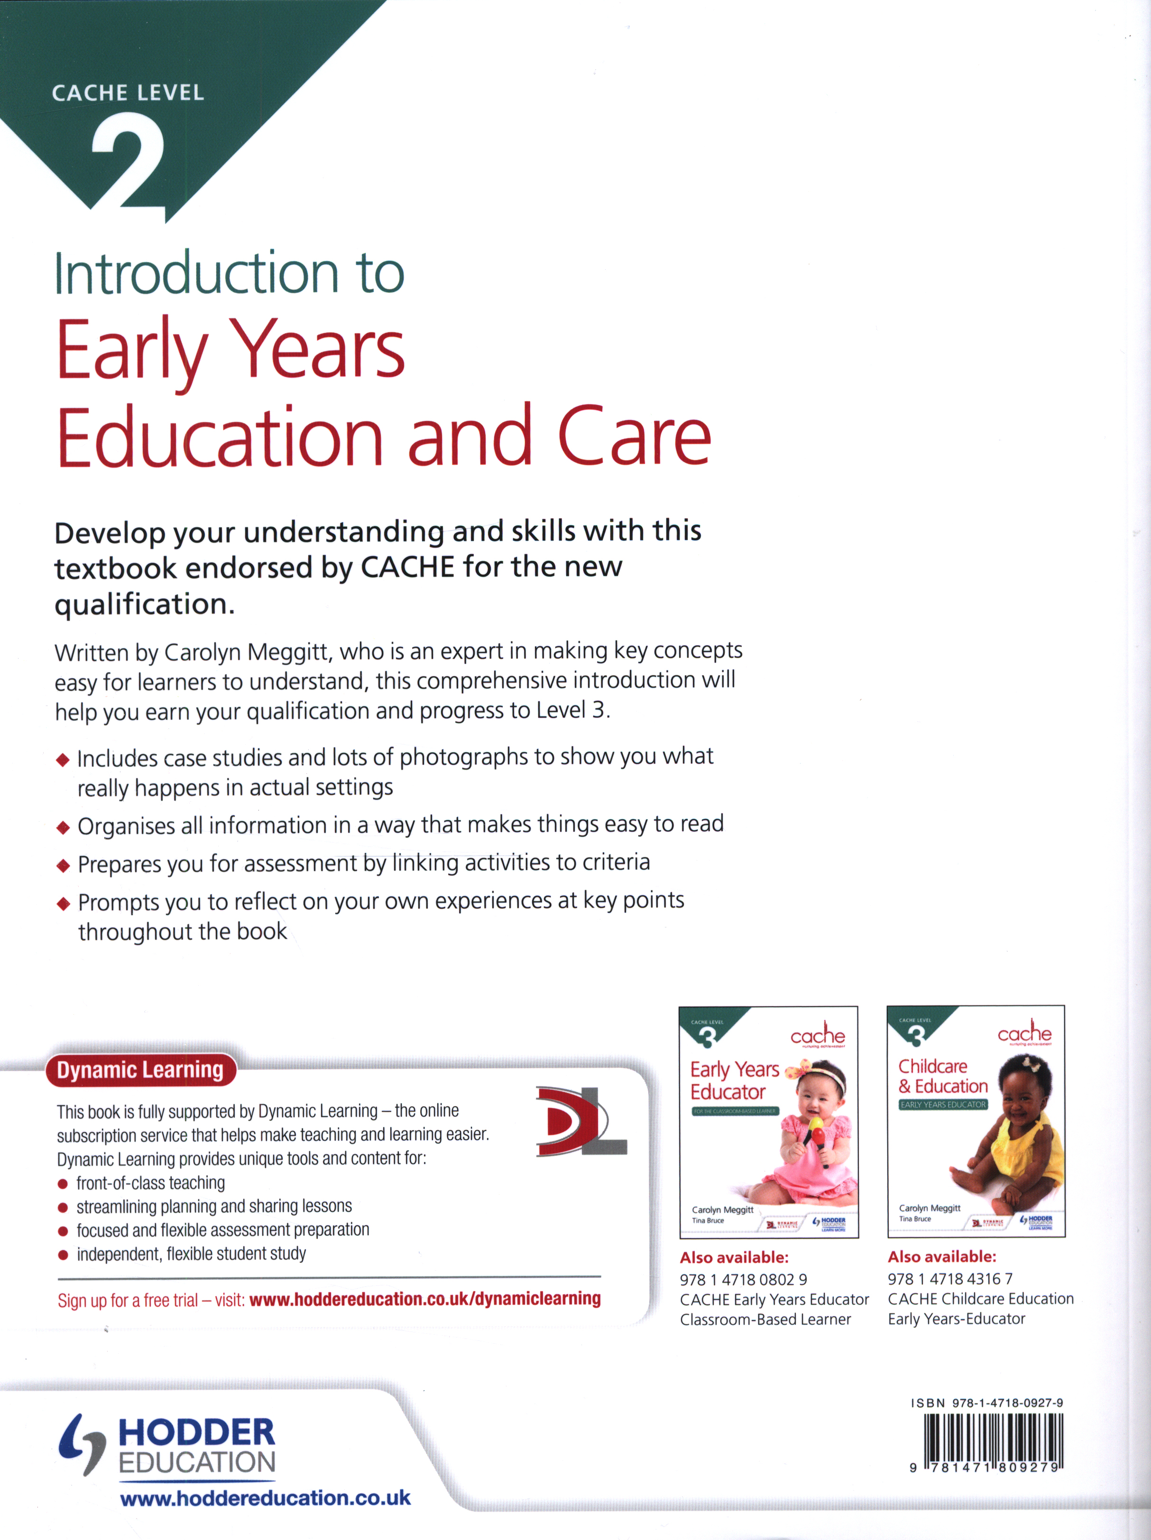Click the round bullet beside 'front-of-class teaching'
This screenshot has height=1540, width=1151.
pyautogui.click(x=63, y=1183)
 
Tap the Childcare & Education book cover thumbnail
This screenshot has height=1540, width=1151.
pyautogui.click(x=976, y=1121)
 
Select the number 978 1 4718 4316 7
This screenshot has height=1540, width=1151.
pyautogui.click(x=950, y=1278)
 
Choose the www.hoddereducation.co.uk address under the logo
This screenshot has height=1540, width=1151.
pyautogui.click(x=265, y=1497)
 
